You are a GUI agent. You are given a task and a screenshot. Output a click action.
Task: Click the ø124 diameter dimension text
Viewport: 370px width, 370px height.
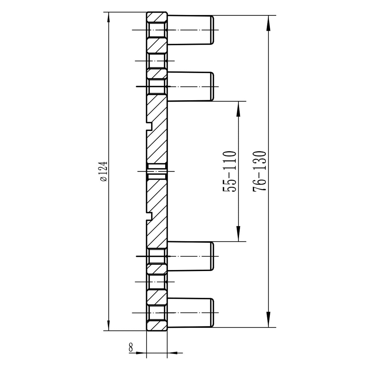[x=103, y=171]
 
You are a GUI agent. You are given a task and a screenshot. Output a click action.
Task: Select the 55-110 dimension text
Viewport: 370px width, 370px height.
[x=230, y=171]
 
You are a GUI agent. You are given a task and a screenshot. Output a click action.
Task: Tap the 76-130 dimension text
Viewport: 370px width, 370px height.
[x=259, y=171]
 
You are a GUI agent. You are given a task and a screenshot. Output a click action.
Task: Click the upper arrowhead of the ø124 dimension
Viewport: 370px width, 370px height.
[x=108, y=18]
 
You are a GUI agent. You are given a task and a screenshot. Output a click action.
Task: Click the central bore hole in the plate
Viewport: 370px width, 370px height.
[x=157, y=171]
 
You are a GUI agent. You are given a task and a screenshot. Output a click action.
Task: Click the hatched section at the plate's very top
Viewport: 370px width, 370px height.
[x=157, y=17]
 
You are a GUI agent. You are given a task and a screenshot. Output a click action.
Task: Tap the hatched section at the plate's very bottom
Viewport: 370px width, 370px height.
[x=157, y=326]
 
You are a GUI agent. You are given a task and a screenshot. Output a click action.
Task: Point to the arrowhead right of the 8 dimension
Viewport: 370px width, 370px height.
[x=172, y=352]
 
